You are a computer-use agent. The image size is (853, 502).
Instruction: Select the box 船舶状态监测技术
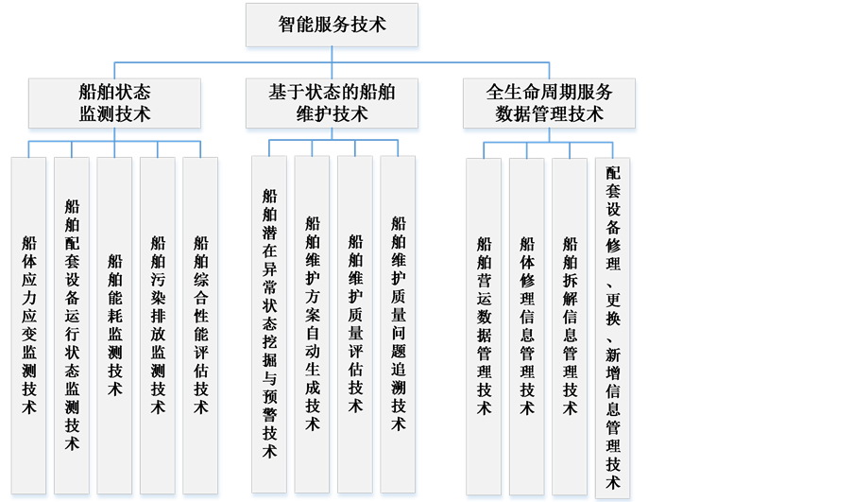(114, 103)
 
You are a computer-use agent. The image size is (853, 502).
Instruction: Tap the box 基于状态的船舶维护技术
(332, 103)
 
